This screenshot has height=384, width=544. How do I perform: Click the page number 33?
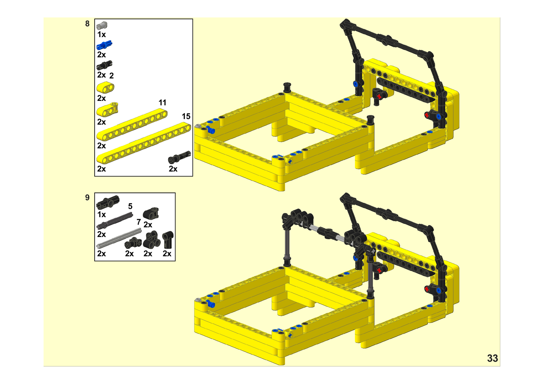click(492, 358)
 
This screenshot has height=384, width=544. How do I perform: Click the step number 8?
click(87, 24)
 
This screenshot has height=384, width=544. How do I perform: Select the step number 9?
click(87, 198)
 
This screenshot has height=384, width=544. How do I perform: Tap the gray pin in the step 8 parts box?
click(102, 25)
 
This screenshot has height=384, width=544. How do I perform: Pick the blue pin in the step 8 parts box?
click(104, 45)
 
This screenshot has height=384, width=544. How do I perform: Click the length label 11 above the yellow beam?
click(163, 103)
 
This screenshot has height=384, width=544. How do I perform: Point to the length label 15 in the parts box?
click(186, 116)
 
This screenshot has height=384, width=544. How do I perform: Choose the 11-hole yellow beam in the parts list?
click(132, 125)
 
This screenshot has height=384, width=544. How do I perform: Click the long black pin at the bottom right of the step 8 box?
click(180, 157)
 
